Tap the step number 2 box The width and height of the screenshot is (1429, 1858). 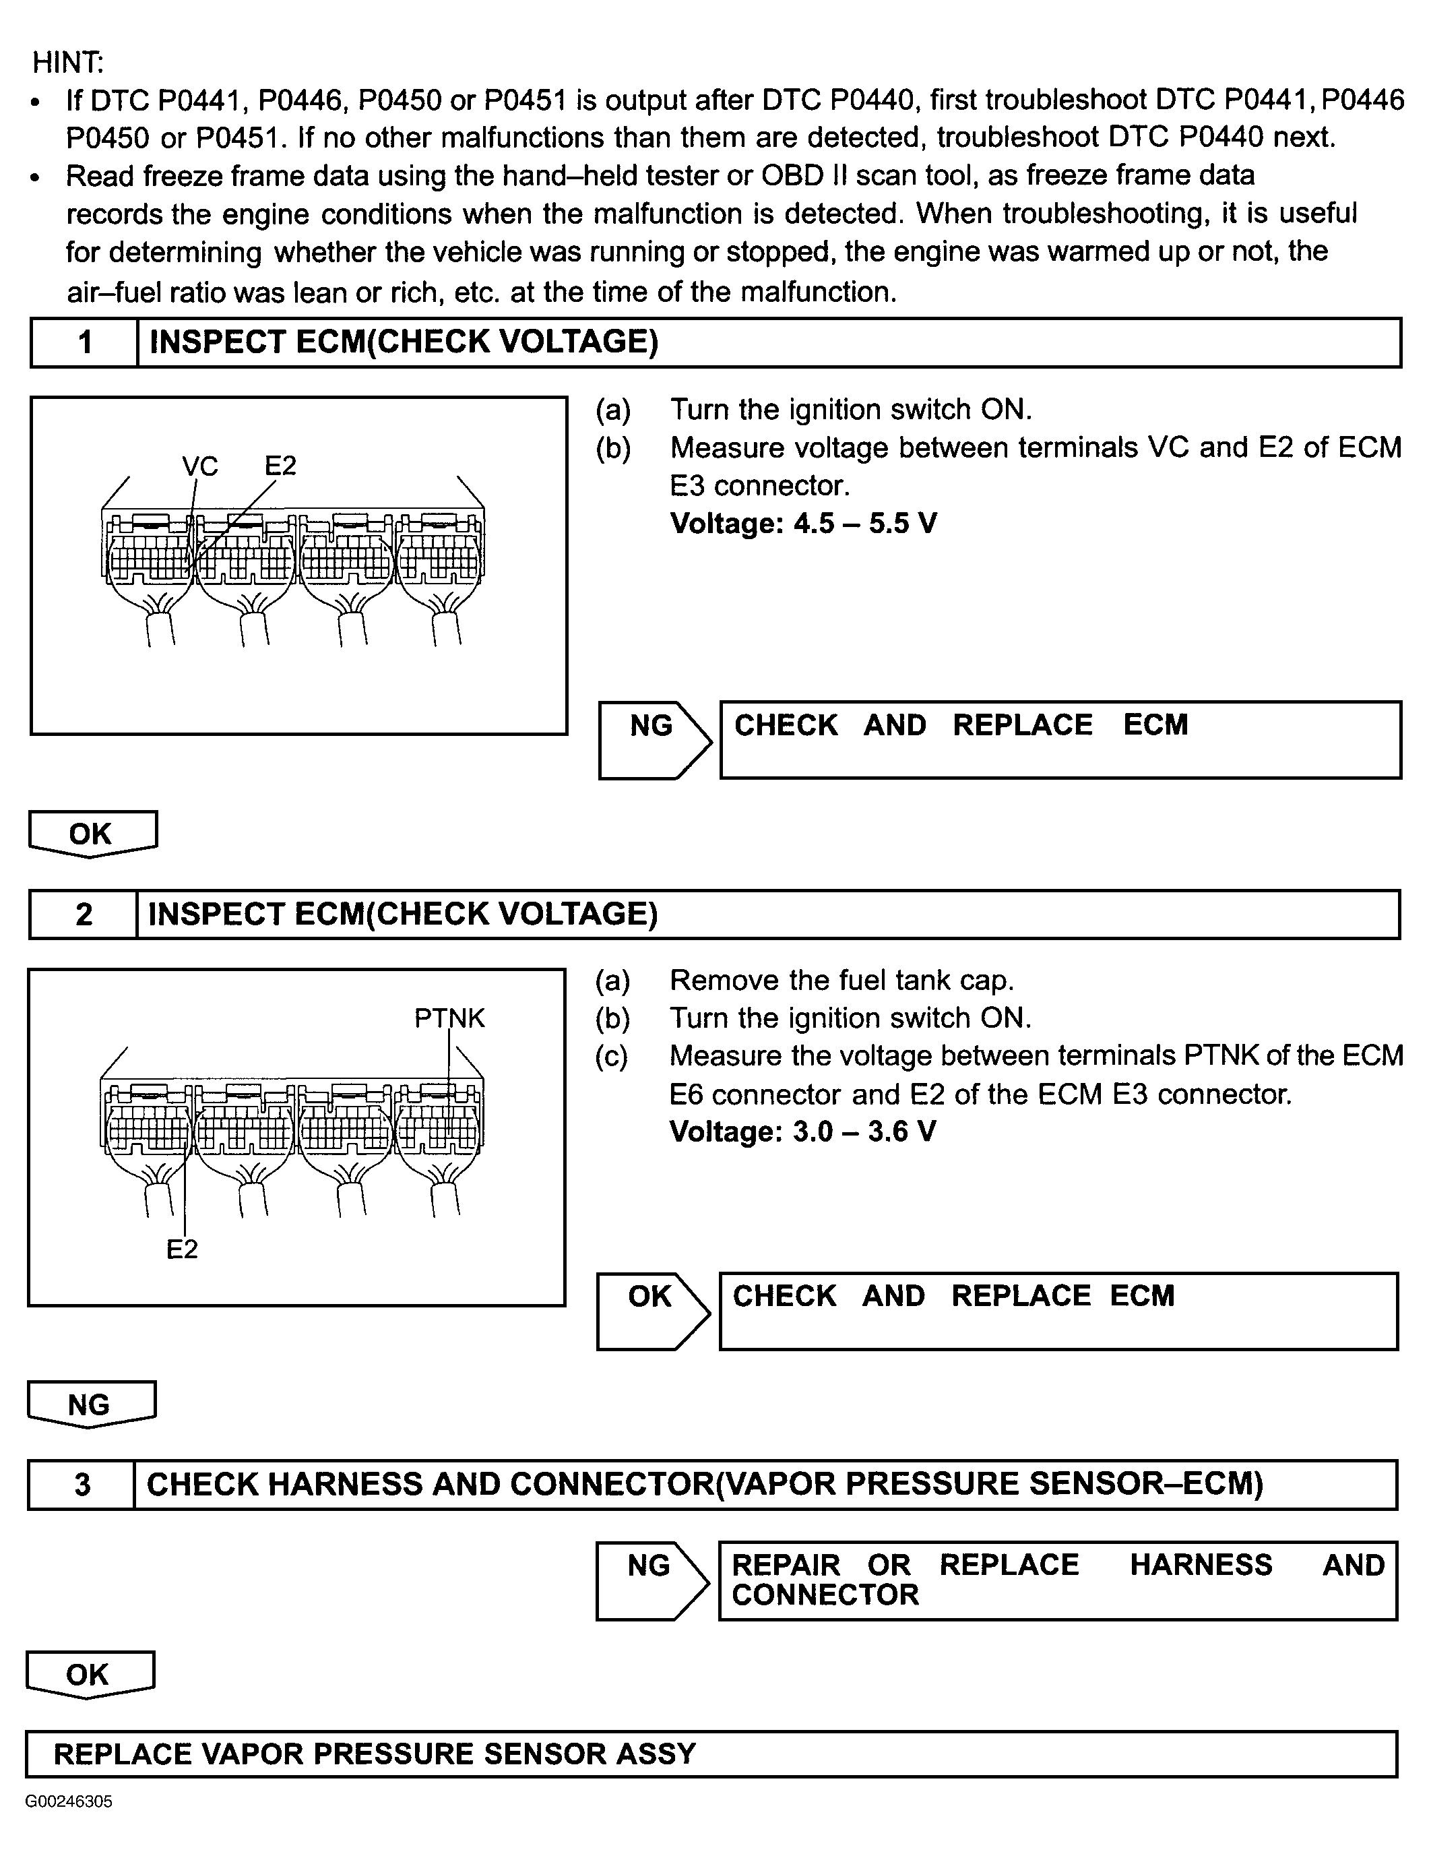click(84, 915)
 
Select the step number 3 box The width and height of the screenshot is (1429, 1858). click(82, 1485)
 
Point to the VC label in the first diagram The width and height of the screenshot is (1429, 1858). click(200, 466)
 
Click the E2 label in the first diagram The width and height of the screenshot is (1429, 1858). click(280, 466)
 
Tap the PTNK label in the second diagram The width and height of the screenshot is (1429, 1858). click(449, 1018)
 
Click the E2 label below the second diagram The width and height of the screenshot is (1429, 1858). click(182, 1249)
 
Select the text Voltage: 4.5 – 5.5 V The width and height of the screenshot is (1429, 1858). click(803, 523)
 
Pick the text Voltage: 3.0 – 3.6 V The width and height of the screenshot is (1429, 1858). click(802, 1132)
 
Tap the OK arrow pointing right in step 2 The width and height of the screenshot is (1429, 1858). click(652, 1310)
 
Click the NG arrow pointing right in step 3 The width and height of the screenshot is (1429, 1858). click(651, 1580)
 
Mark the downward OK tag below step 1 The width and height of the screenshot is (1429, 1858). click(92, 834)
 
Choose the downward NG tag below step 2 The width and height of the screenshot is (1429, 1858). click(90, 1404)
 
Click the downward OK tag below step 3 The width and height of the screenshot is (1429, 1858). click(88, 1674)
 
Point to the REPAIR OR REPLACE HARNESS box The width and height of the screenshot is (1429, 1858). click(1057, 1580)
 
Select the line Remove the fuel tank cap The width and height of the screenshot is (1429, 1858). click(841, 980)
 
